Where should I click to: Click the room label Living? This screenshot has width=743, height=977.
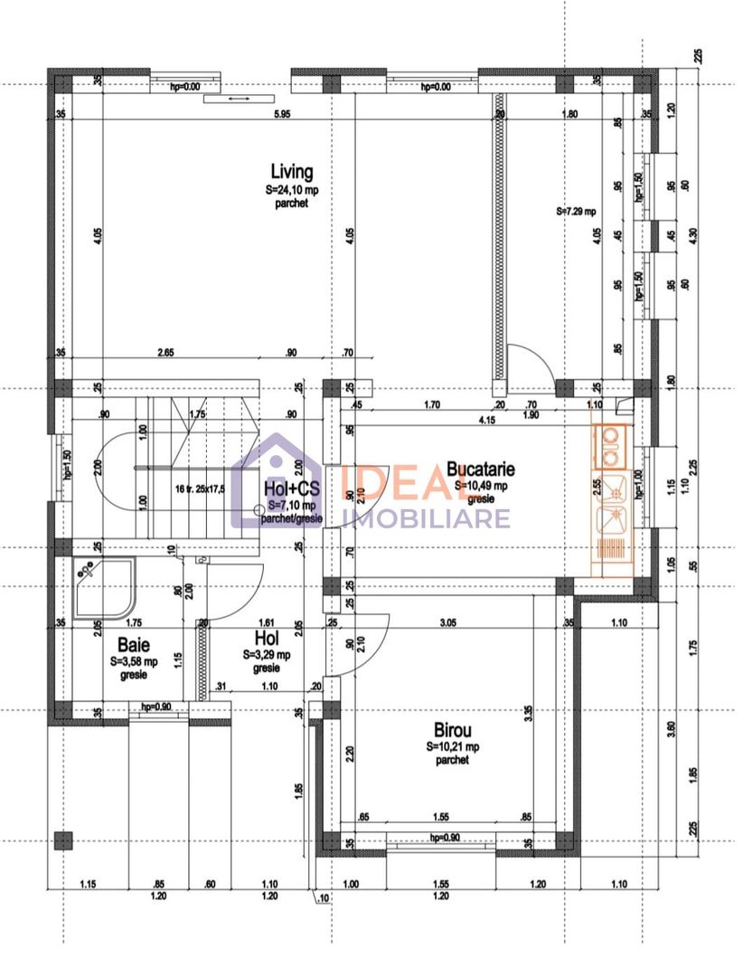click(x=292, y=171)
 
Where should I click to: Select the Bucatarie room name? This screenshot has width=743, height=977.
click(x=481, y=469)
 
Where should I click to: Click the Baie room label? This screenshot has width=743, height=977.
click(x=132, y=645)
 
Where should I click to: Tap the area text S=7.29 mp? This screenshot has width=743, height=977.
click(x=576, y=212)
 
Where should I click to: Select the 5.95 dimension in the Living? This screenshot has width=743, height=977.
click(x=282, y=114)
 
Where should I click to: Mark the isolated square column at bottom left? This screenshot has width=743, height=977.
click(x=62, y=839)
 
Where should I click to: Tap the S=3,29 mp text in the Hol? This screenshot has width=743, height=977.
click(x=267, y=654)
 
